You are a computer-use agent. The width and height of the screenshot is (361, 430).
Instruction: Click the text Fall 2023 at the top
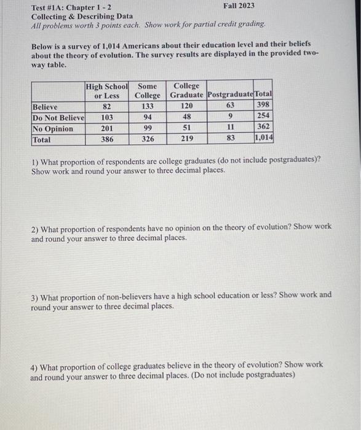pyautogui.click(x=239, y=6)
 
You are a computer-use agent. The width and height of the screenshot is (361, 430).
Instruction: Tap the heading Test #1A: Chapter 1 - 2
pyautogui.click(x=71, y=7)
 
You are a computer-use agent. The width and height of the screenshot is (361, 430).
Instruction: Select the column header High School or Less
pyautogui.click(x=107, y=91)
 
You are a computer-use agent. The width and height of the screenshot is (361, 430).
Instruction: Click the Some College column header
pyautogui.click(x=148, y=91)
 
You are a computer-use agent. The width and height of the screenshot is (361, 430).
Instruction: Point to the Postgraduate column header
pyautogui.click(x=231, y=95)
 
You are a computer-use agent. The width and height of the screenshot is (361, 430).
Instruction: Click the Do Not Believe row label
pyautogui.click(x=57, y=117)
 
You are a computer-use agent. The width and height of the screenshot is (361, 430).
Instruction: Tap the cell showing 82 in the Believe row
pyautogui.click(x=107, y=106)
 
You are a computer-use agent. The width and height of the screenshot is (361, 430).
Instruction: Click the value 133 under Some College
pyautogui.click(x=148, y=106)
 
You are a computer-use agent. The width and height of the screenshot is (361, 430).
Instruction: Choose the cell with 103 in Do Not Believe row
pyautogui.click(x=107, y=117)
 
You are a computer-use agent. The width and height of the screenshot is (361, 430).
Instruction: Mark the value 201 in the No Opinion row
pyautogui.click(x=107, y=128)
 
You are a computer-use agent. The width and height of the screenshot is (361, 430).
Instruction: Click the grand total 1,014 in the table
pyautogui.click(x=264, y=139)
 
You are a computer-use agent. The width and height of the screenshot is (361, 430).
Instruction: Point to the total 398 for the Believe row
pyautogui.click(x=264, y=106)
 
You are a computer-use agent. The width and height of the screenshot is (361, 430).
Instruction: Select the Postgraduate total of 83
pyautogui.click(x=231, y=139)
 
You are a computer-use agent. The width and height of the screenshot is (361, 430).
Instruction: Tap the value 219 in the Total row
pyautogui.click(x=187, y=139)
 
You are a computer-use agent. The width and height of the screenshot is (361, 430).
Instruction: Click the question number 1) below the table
pyautogui.click(x=34, y=160)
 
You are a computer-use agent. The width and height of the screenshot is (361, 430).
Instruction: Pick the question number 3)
pyautogui.click(x=34, y=295)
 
